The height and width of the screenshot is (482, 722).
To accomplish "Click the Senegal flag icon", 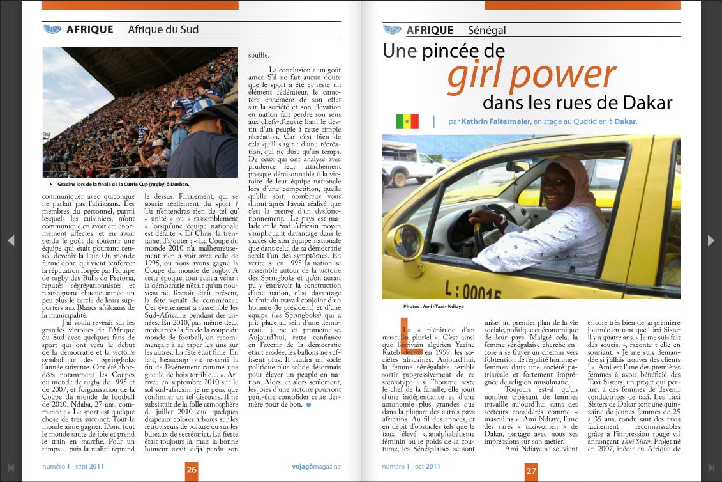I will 407,121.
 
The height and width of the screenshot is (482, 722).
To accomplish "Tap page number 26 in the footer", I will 192,470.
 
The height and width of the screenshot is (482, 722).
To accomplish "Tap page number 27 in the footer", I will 531,471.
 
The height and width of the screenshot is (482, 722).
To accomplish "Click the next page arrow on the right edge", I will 711,240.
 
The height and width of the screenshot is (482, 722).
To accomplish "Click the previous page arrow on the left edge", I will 10,240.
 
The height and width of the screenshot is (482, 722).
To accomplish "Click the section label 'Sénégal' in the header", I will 486,30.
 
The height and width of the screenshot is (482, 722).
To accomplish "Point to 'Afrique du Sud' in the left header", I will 163,29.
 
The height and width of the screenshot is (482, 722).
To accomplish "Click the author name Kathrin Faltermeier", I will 496,121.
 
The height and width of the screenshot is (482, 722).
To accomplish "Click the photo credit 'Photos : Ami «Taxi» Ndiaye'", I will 433,307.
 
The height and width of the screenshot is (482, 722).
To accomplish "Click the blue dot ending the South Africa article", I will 309,405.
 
